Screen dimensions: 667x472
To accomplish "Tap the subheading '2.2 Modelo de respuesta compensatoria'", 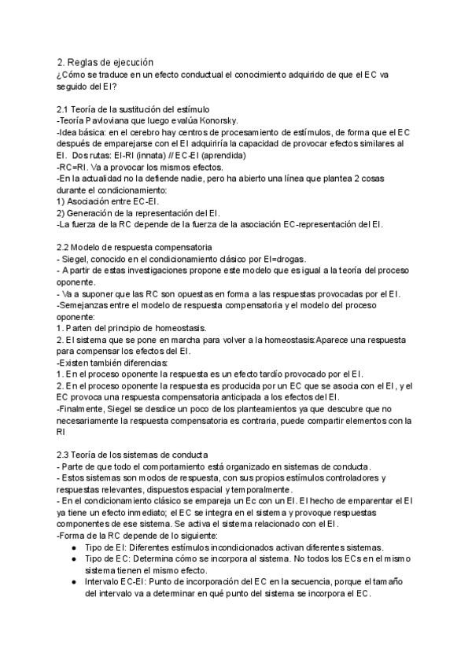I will click(x=135, y=247).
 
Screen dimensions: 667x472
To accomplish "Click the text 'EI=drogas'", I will click(x=283, y=260).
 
